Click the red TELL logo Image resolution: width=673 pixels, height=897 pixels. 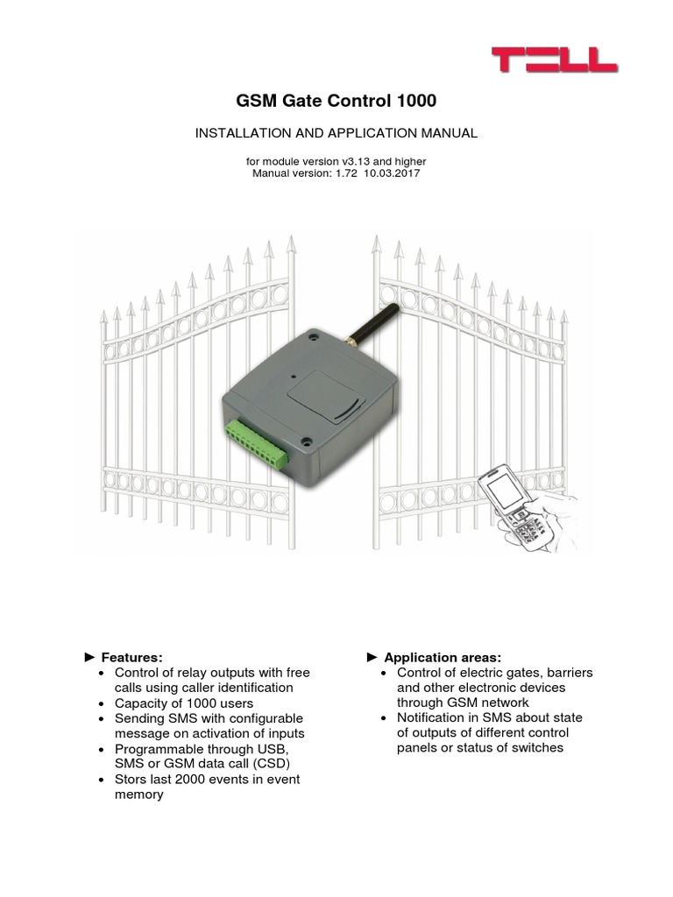point(554,60)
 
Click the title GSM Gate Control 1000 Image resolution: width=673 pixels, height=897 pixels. point(336,102)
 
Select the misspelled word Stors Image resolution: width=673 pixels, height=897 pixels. point(131,780)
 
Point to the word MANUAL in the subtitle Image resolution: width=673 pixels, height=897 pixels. point(446,133)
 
